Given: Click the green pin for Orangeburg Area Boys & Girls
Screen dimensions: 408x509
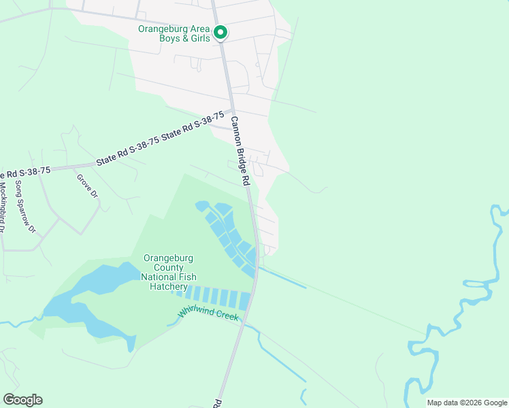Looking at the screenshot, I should pos(220,33).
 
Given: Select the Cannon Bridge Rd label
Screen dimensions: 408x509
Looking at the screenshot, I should pos(240,151).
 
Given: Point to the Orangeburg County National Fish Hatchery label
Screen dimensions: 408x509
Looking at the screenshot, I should pos(169,272).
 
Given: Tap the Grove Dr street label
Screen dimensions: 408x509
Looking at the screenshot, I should pos(88,186).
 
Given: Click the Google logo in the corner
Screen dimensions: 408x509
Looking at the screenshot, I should pos(22,400).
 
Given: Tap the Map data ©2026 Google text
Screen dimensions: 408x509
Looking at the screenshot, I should pos(466,403).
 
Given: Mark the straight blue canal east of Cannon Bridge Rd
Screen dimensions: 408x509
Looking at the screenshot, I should pos(282,277).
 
